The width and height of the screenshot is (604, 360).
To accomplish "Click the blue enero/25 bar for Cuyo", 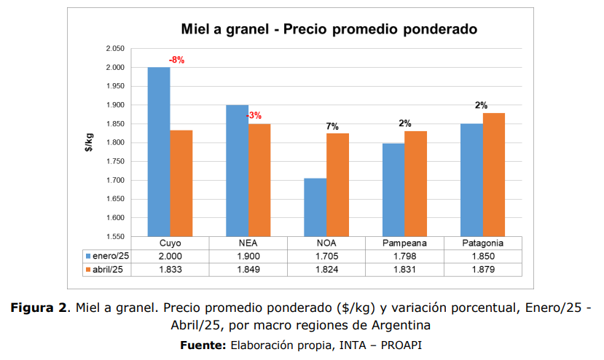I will pyautogui.click(x=159, y=152).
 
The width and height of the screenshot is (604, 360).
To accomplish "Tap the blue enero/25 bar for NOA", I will pyautogui.click(x=315, y=207).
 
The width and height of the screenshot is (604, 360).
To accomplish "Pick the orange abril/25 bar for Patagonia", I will pyautogui.click(x=494, y=174).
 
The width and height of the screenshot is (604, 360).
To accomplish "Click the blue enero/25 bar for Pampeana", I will pyautogui.click(x=393, y=189).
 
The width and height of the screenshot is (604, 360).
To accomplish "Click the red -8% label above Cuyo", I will pyautogui.click(x=176, y=60).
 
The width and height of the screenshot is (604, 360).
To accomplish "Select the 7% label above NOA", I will pyautogui.click(x=332, y=126).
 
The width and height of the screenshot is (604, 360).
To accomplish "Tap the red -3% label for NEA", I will pyautogui.click(x=254, y=115).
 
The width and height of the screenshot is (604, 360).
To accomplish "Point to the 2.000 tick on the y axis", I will pyautogui.click(x=115, y=68).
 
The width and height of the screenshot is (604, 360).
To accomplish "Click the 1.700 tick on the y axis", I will pyautogui.click(x=115, y=181).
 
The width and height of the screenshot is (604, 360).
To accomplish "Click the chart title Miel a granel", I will pyautogui.click(x=329, y=30).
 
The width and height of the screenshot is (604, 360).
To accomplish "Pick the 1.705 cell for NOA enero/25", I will pyautogui.click(x=326, y=257).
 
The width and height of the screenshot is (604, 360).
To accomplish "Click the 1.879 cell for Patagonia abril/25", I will pyautogui.click(x=482, y=270).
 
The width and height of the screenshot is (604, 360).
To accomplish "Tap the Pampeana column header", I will pyautogui.click(x=404, y=243).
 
